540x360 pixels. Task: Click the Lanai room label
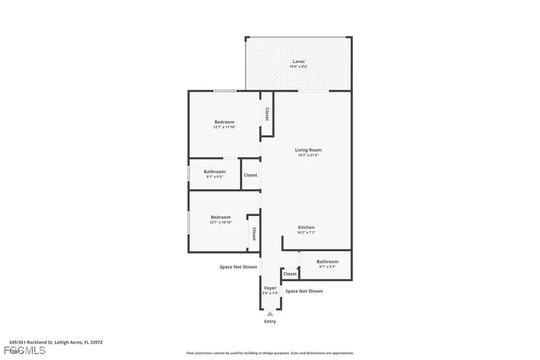pos(298,61)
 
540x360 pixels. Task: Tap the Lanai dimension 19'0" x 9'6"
pos(298,67)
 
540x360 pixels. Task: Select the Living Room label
pos(308,150)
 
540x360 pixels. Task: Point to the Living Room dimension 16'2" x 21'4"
pos(308,155)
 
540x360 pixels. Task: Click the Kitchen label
pos(306,227)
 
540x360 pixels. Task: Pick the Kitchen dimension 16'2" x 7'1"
pos(306,233)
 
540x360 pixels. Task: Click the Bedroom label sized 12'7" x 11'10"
pos(224,122)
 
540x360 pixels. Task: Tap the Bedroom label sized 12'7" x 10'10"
pos(220,217)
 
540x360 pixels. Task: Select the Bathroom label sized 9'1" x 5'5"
pos(214,172)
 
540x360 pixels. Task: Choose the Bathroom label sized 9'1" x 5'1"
pos(328,262)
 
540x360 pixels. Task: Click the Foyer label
pos(271,288)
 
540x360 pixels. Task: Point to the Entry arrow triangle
pos(270,313)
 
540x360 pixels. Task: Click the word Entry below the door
pos(270,322)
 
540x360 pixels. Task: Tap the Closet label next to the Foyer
pos(290,274)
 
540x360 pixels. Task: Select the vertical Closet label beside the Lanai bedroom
pos(266,114)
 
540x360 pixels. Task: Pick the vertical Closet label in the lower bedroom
pos(254,233)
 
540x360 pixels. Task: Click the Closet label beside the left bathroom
pos(250,175)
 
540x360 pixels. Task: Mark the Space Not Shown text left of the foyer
pos(238,267)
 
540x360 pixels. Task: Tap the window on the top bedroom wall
pos(224,91)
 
